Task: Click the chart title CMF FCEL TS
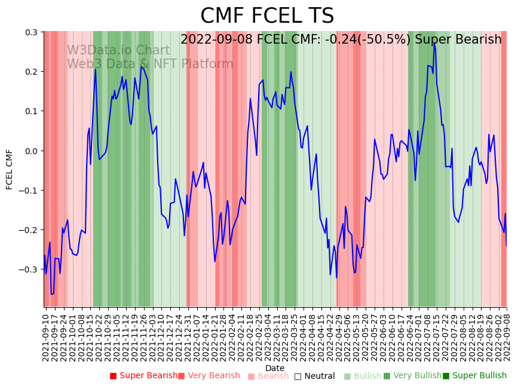(267, 16)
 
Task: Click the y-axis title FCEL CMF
(10, 169)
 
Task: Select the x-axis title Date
(275, 368)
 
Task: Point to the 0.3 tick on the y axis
(32, 32)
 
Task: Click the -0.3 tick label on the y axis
(29, 269)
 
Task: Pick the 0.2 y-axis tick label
(32, 72)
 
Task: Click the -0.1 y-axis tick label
(29, 190)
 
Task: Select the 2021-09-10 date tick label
(46, 335)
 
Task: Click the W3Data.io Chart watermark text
(118, 50)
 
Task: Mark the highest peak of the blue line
(434, 44)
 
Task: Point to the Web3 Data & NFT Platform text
(150, 64)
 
